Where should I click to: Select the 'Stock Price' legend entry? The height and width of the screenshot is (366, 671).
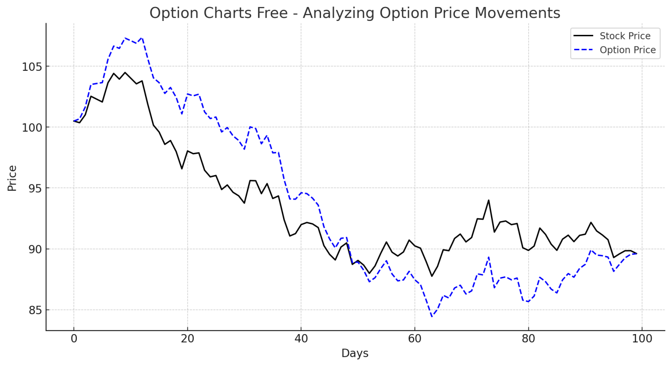tap(625, 36)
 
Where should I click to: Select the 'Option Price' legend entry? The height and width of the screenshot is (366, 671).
tap(627, 50)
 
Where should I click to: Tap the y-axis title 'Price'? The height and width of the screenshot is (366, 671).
tap(12, 178)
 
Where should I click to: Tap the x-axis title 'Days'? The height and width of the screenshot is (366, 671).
tap(355, 353)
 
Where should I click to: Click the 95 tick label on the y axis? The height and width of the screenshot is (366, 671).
tap(33, 188)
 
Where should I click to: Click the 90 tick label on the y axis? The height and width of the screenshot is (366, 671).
tap(33, 249)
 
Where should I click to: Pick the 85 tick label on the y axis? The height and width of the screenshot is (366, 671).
tap(33, 310)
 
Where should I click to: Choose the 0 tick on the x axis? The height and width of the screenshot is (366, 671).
tap(74, 338)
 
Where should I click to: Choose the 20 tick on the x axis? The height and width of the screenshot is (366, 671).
tap(187, 338)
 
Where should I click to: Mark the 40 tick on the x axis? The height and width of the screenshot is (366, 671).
tap(301, 338)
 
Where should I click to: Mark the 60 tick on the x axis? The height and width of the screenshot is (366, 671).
tap(415, 338)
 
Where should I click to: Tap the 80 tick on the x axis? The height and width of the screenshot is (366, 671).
tap(528, 338)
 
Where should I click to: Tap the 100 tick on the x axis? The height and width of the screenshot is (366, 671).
tap(642, 338)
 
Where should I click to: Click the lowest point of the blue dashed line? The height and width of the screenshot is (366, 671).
tap(432, 316)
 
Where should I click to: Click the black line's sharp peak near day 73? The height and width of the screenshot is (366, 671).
tap(488, 200)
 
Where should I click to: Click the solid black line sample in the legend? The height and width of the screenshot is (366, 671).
tap(583, 36)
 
